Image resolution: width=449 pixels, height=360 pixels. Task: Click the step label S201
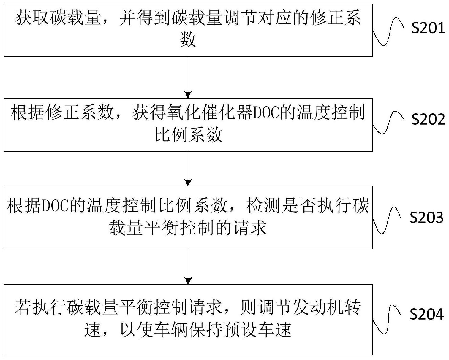point(428,28)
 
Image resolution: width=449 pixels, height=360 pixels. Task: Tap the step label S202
point(428,119)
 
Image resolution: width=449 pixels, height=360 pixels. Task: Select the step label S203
point(426,218)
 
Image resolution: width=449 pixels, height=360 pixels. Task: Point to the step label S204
point(426,315)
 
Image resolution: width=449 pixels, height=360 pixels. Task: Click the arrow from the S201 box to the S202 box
point(188,77)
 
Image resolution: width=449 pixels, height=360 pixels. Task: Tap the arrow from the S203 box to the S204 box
point(188,267)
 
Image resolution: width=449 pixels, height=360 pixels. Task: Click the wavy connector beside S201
point(388,31)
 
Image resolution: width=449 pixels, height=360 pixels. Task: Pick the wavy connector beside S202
point(388,122)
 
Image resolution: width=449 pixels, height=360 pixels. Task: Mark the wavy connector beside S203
point(388,220)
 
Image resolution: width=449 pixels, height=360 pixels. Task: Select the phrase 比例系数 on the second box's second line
point(189,135)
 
